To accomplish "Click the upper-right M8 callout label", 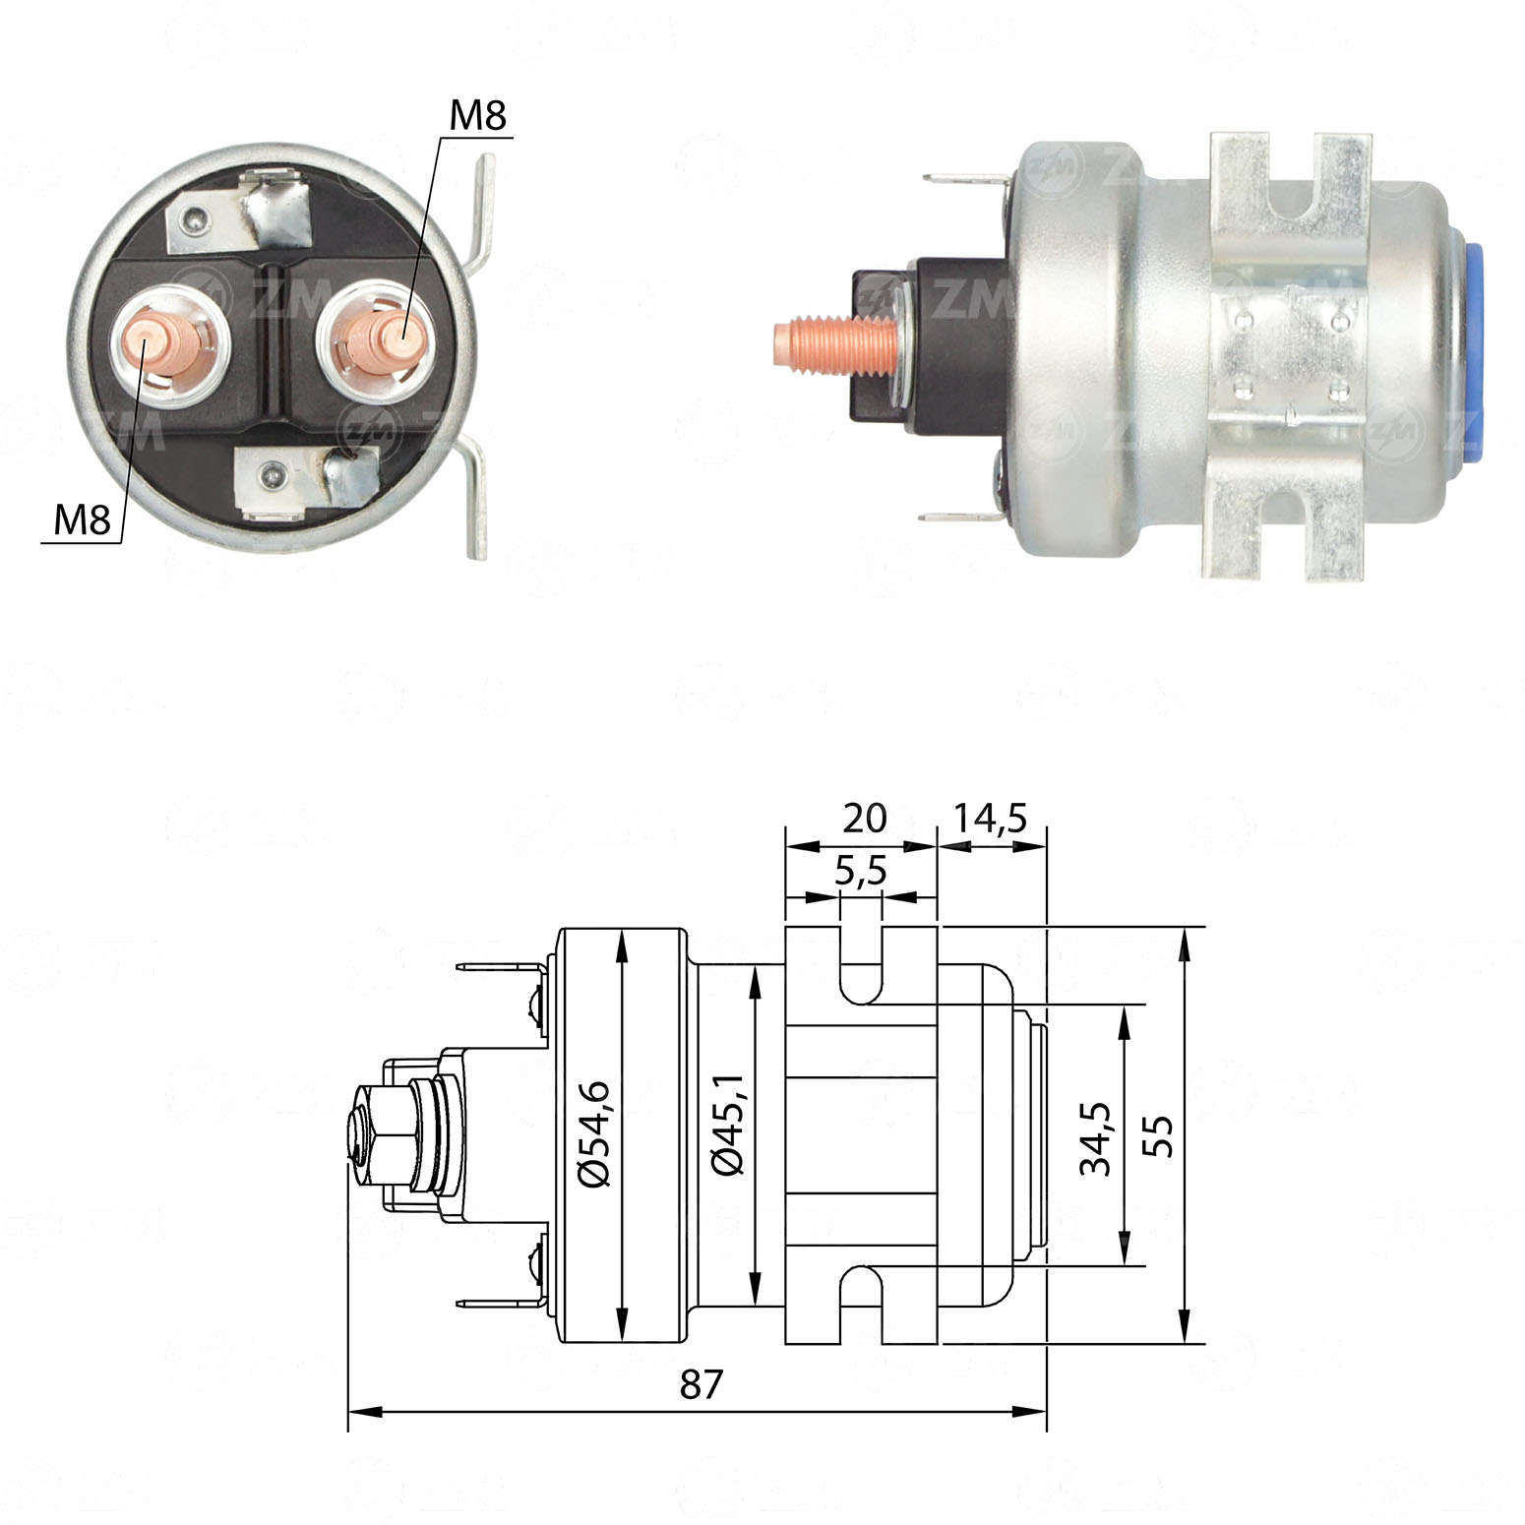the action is pyautogui.click(x=477, y=116).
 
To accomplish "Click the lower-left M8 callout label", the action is pyautogui.click(x=83, y=518).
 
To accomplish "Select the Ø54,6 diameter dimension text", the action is pyautogui.click(x=595, y=1133).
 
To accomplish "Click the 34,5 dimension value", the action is pyautogui.click(x=1094, y=1138).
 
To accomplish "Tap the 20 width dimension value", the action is pyautogui.click(x=865, y=818).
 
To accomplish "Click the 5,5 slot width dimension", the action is pyautogui.click(x=862, y=871).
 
